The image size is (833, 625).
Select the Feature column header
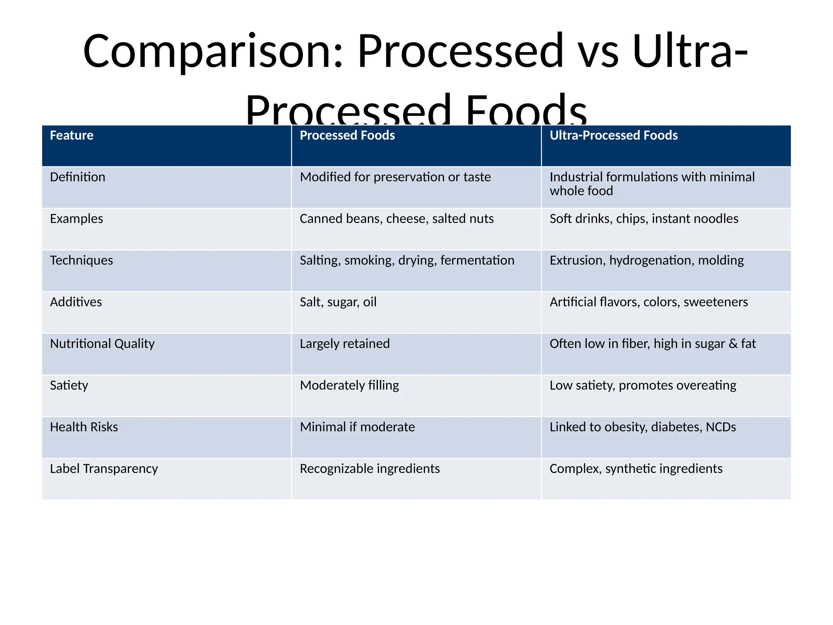(72, 135)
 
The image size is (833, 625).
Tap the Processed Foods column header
(347, 135)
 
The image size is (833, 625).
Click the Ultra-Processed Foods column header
(613, 135)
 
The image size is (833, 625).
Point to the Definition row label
(77, 177)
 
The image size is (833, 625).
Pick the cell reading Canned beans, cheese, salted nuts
(396, 219)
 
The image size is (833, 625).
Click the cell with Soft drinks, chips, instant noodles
(643, 219)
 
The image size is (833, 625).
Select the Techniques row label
(81, 260)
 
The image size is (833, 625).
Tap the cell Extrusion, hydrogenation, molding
(646, 260)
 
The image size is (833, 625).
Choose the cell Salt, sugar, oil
(338, 302)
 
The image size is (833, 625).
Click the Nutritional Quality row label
(102, 344)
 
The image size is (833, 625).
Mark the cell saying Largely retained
(345, 344)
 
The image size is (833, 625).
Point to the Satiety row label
(69, 385)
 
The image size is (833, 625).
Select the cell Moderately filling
(349, 385)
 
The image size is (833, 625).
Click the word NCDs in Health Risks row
(721, 427)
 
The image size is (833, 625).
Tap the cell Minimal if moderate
(357, 427)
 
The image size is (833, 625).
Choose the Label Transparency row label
(104, 469)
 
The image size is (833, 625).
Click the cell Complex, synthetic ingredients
(636, 469)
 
